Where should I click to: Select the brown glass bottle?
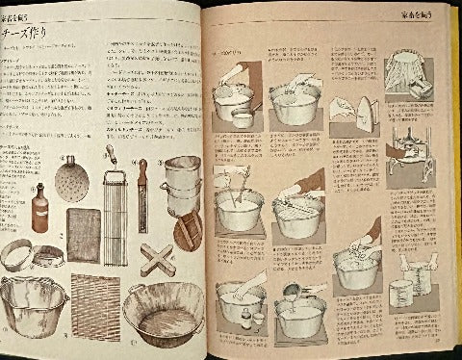tap(39, 206)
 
